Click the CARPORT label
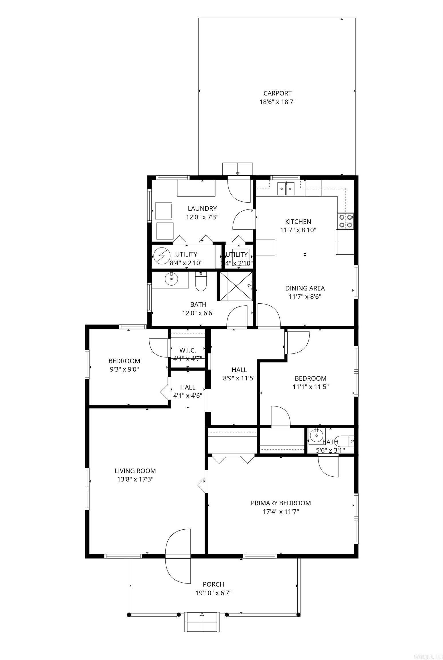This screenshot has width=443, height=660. [277, 93]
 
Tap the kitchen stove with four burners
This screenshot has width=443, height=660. [345, 221]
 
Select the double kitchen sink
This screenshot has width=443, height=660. [286, 189]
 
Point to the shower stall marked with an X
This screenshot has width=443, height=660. [236, 286]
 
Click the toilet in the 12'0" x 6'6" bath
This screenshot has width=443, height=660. [201, 283]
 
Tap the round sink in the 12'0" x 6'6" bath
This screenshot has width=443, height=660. [171, 278]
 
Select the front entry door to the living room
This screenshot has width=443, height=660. [178, 556]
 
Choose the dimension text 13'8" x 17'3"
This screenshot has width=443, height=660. [135, 479]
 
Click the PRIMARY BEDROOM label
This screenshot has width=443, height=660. [280, 503]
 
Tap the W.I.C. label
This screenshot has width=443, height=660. [188, 350]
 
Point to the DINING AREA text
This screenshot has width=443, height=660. [305, 288]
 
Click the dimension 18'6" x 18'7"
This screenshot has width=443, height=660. [277, 102]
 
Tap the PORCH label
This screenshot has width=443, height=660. [213, 584]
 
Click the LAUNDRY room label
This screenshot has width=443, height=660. [202, 208]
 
